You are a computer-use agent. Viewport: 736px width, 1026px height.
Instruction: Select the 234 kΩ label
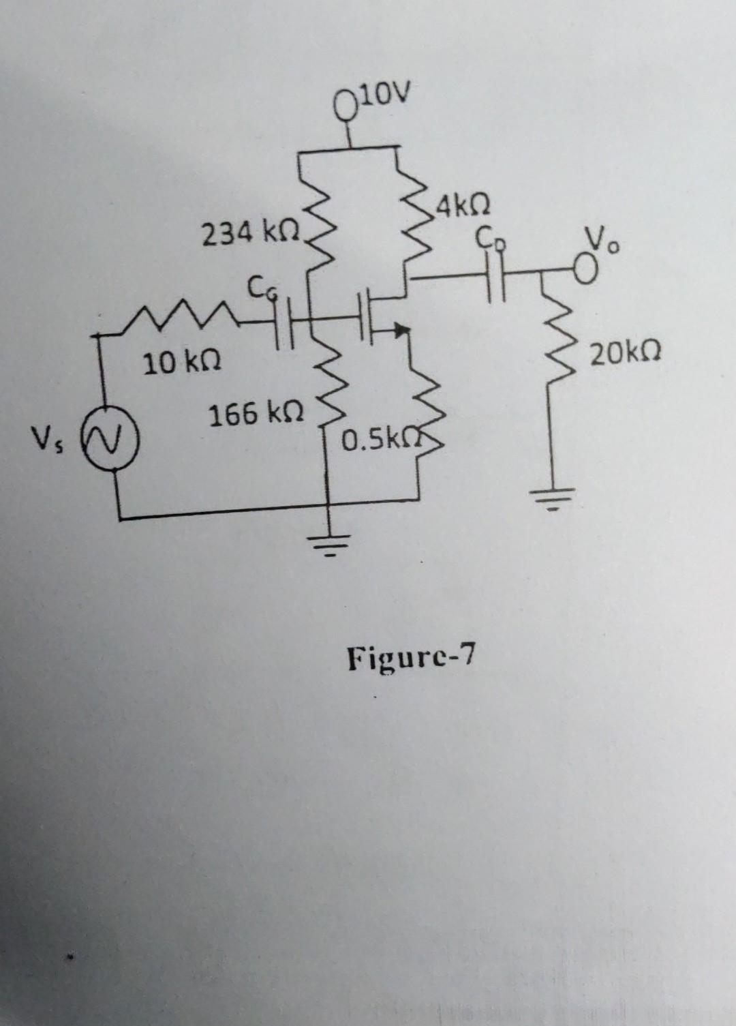(x=251, y=235)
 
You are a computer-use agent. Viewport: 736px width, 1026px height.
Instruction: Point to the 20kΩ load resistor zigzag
(x=554, y=354)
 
